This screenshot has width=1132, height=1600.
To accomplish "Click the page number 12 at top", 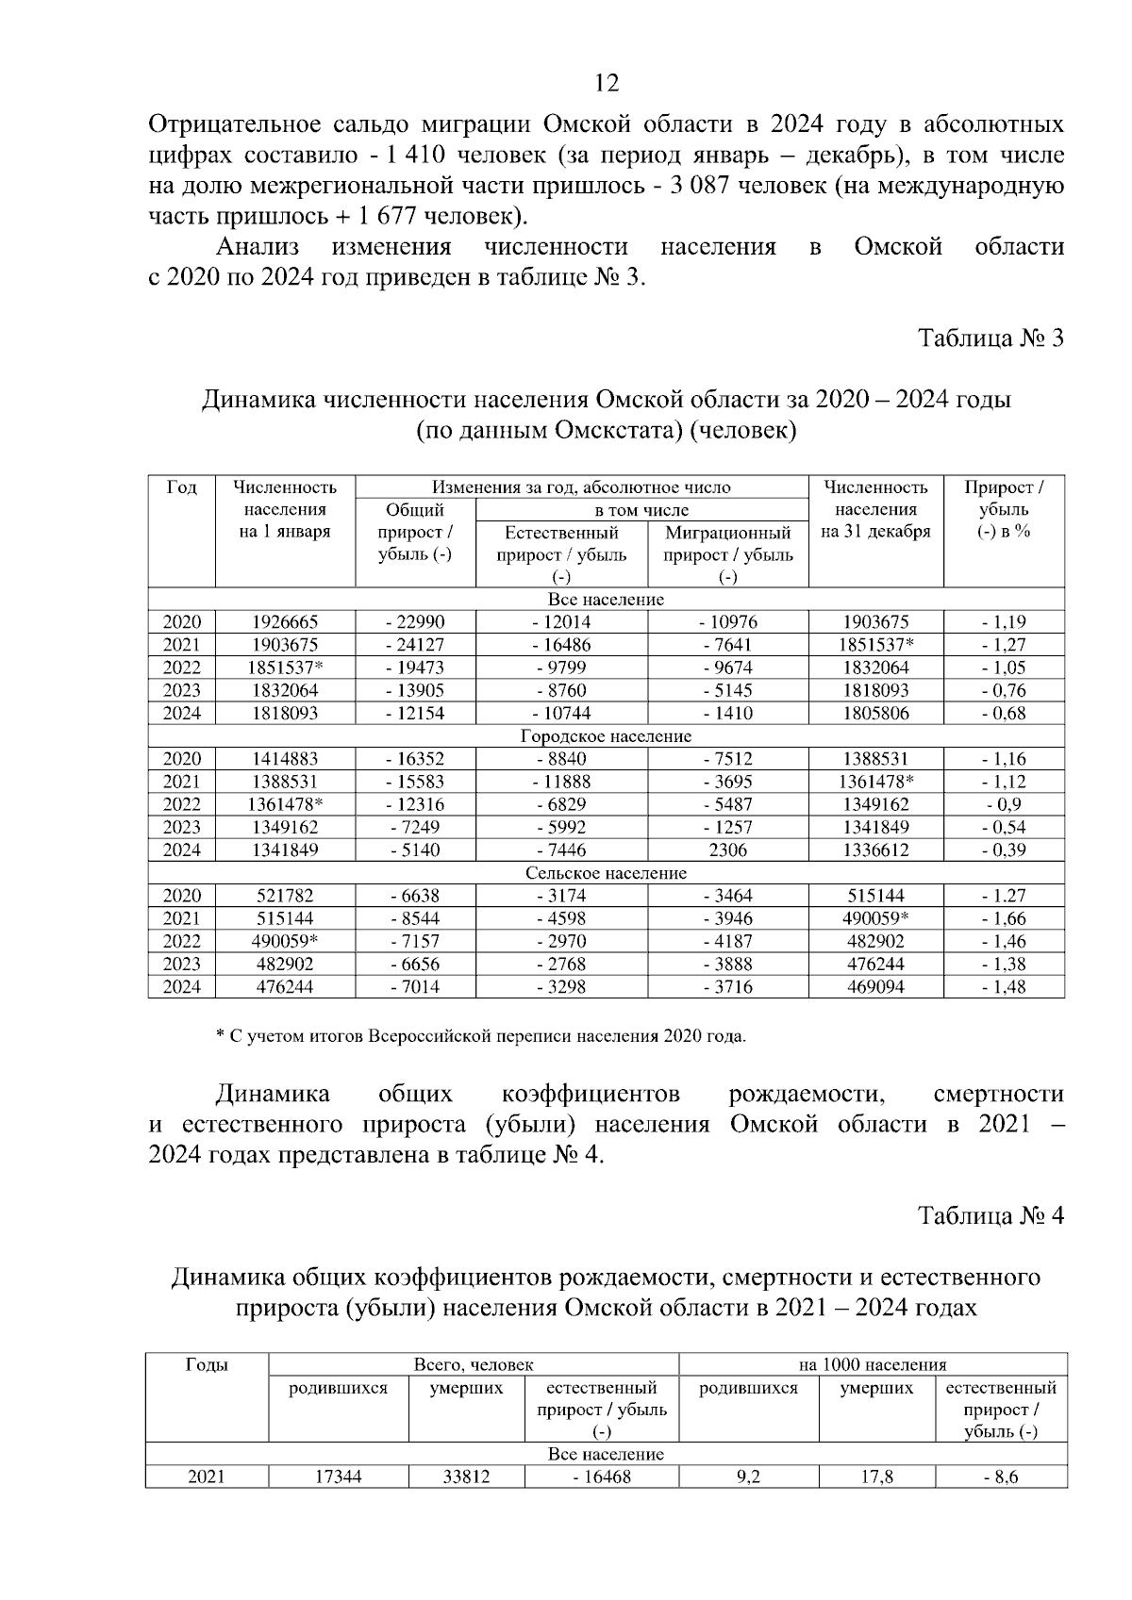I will coord(608,84).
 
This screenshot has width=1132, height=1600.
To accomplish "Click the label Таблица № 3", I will coord(991,338).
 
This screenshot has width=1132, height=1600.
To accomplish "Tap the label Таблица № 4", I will coord(991,1216).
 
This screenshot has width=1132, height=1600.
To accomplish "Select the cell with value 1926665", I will coord(285,622).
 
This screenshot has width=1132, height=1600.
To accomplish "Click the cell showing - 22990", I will coord(415,622).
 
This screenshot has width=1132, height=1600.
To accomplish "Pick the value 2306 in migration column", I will coord(727,850).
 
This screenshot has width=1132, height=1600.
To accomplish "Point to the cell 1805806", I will coord(875,714).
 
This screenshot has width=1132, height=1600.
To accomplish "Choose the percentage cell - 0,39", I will coord(1004,850).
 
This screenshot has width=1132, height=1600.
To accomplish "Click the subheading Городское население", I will coord(606,736).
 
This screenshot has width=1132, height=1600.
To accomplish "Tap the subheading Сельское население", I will coord(606,873).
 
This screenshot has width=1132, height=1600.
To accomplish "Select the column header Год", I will coord(181,487).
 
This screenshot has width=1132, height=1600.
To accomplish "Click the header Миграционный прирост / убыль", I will coord(727,544).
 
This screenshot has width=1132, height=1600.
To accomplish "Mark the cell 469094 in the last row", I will coord(875,987).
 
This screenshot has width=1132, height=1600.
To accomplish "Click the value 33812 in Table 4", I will coord(466,1477).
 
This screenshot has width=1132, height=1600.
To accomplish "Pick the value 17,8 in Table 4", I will coord(876,1477).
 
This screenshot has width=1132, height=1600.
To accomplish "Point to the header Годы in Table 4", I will coord(207,1365).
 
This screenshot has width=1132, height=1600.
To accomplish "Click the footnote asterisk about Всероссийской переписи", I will coord(220,1037).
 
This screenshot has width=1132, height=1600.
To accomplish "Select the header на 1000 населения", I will coord(872,1365).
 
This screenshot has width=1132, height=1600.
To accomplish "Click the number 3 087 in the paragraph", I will coord(698,186).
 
